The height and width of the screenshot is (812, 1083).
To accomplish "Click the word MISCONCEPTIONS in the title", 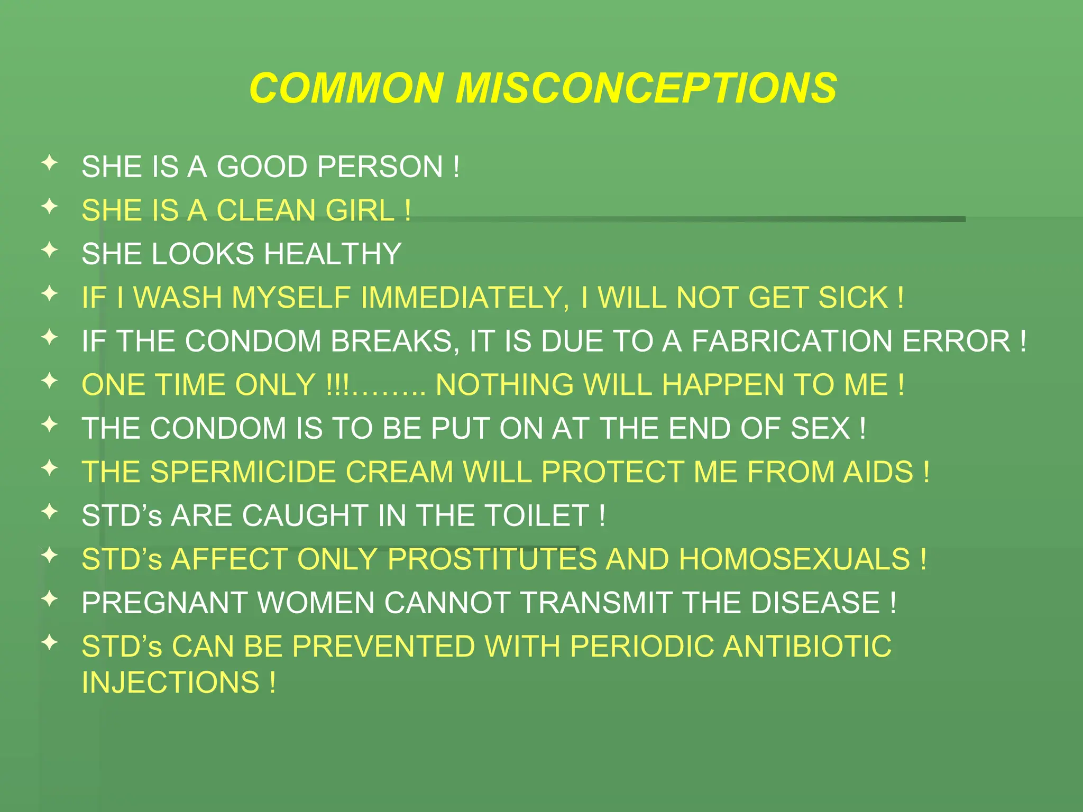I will click(646, 88).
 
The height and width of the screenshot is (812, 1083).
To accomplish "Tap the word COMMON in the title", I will click(346, 88).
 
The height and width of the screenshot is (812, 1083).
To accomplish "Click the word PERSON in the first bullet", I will click(380, 167).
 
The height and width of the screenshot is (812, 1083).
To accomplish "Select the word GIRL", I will click(360, 210).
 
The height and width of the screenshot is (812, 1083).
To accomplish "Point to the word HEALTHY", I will click(333, 254).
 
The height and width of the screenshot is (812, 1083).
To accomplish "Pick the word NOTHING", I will click(504, 385).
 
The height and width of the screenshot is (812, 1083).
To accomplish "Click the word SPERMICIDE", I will click(243, 472).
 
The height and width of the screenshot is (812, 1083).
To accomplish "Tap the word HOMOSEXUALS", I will click(794, 559).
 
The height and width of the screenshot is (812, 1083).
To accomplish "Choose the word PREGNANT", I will click(164, 603).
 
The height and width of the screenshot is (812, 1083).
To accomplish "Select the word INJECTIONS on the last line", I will click(170, 682).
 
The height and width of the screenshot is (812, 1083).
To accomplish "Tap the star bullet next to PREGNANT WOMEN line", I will click(50, 599).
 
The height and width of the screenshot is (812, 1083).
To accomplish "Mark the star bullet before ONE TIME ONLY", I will click(50, 381).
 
